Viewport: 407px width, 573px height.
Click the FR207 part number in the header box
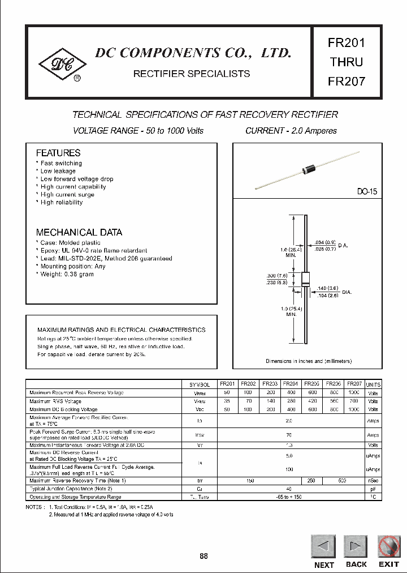coord(347,81)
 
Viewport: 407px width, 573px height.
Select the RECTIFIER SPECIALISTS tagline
coord(191,74)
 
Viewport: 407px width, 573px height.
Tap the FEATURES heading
coord(58,153)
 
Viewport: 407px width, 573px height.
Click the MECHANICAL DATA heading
coord(79,232)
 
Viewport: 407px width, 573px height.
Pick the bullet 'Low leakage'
coord(58,171)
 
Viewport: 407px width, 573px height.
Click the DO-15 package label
coord(367,192)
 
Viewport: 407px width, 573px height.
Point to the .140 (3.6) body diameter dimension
coord(328,288)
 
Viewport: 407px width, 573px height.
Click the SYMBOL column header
coord(200,384)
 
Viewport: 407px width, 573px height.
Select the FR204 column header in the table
coord(291,383)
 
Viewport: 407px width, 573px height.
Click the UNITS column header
coord(373,384)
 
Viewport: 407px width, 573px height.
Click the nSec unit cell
coord(373,480)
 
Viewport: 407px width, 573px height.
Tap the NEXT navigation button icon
coord(323,546)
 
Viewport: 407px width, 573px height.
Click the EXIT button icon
coord(389,546)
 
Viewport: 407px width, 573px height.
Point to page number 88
coord(203,556)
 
